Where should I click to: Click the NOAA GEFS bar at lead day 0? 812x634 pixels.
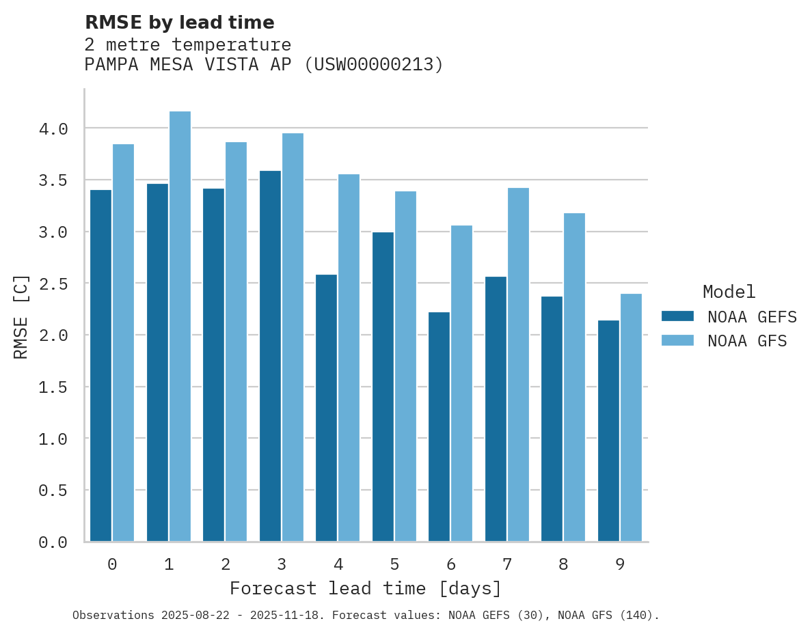[x=100, y=366]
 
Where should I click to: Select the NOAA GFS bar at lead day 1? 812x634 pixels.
[x=180, y=327]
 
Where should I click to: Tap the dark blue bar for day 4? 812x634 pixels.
[x=326, y=408]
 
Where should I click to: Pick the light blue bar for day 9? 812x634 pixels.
[x=631, y=417]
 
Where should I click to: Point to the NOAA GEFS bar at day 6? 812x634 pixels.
[x=439, y=426]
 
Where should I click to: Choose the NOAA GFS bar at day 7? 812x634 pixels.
[x=518, y=365]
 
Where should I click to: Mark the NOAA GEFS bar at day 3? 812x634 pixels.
[x=270, y=356]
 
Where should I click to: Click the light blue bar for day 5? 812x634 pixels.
[x=405, y=366]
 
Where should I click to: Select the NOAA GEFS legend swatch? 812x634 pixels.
[x=677, y=316]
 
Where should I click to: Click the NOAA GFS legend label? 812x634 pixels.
[x=747, y=341]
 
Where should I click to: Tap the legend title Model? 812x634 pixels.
[x=729, y=292]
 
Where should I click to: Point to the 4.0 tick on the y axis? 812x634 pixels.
[x=53, y=129]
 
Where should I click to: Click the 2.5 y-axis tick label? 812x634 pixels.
[x=53, y=284]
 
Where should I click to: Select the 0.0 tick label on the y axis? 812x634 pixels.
[x=53, y=542]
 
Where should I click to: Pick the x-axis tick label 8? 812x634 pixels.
[x=563, y=564]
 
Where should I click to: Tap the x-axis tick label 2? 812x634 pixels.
[x=225, y=564]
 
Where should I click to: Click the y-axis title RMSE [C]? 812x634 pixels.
[x=21, y=316]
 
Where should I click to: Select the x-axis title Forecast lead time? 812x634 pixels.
[x=366, y=588]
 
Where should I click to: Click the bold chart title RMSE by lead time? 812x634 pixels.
[x=179, y=23]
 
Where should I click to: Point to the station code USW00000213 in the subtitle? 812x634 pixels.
[x=373, y=65]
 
